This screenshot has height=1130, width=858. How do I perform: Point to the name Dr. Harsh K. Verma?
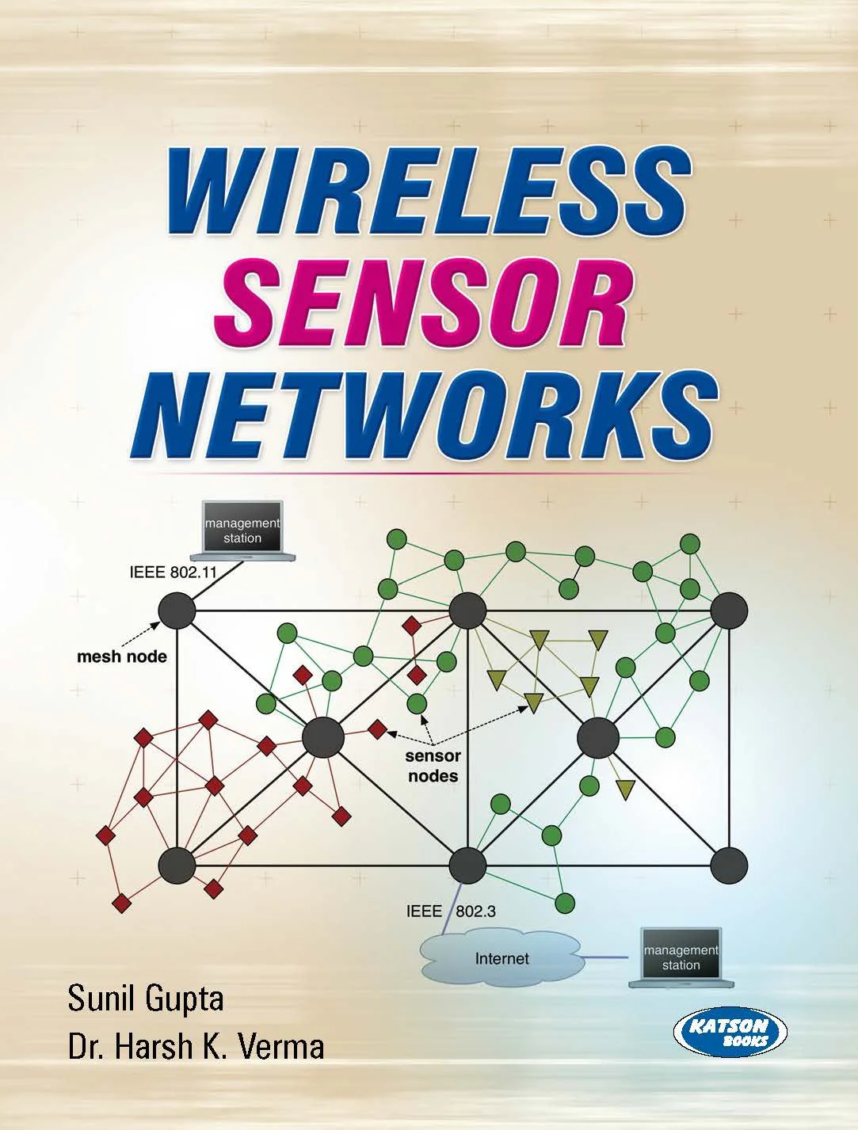point(196,1046)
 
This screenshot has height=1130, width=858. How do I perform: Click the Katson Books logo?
point(730,1032)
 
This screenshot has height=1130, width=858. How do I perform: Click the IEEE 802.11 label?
point(173,573)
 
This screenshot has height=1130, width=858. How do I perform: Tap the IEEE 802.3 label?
point(451,911)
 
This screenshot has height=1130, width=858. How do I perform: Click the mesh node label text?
point(121,657)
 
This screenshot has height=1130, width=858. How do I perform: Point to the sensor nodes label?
point(433,766)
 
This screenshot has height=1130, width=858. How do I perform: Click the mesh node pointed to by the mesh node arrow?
point(177,611)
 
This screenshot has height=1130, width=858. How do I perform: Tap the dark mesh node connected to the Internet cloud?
point(467,865)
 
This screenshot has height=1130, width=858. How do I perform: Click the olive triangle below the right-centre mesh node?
point(625,789)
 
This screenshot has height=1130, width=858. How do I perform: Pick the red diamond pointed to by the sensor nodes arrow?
point(377,729)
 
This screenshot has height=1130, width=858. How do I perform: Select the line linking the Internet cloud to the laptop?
point(605,957)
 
